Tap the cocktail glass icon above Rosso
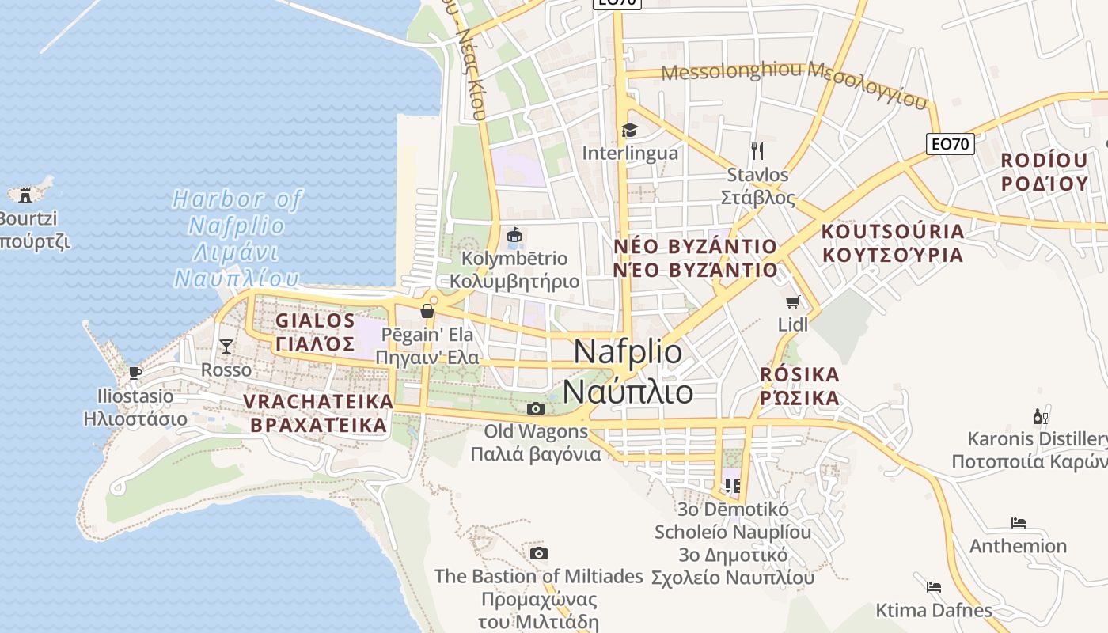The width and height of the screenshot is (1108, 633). pyautogui.click(x=226, y=346)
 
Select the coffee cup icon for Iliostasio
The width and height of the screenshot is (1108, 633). pyautogui.click(x=135, y=372)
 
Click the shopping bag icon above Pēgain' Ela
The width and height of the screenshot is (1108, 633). pyautogui.click(x=427, y=311)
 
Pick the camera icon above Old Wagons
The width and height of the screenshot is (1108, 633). pyautogui.click(x=536, y=408)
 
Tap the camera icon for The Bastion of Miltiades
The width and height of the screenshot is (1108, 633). pyautogui.click(x=539, y=553)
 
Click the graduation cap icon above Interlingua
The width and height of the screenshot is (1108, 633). pyautogui.click(x=629, y=130)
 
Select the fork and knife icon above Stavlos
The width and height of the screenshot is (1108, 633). pyautogui.click(x=757, y=150)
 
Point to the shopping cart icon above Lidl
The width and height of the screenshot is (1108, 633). pyautogui.click(x=792, y=301)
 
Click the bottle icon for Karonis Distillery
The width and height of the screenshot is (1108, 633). pyautogui.click(x=1040, y=416)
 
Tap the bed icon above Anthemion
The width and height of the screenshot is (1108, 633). pyautogui.click(x=1019, y=523)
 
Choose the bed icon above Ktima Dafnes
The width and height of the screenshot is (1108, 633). pyautogui.click(x=934, y=587)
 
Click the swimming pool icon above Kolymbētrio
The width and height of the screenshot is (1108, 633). pyautogui.click(x=514, y=235)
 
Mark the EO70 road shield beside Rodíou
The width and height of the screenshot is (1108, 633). pyautogui.click(x=950, y=144)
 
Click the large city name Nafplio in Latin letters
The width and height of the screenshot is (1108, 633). pyautogui.click(x=628, y=351)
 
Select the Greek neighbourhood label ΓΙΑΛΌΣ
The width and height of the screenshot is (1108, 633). pyautogui.click(x=315, y=344)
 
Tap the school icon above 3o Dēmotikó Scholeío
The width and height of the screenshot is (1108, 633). pyautogui.click(x=732, y=484)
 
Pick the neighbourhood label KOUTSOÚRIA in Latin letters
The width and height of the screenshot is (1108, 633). pyautogui.click(x=893, y=232)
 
